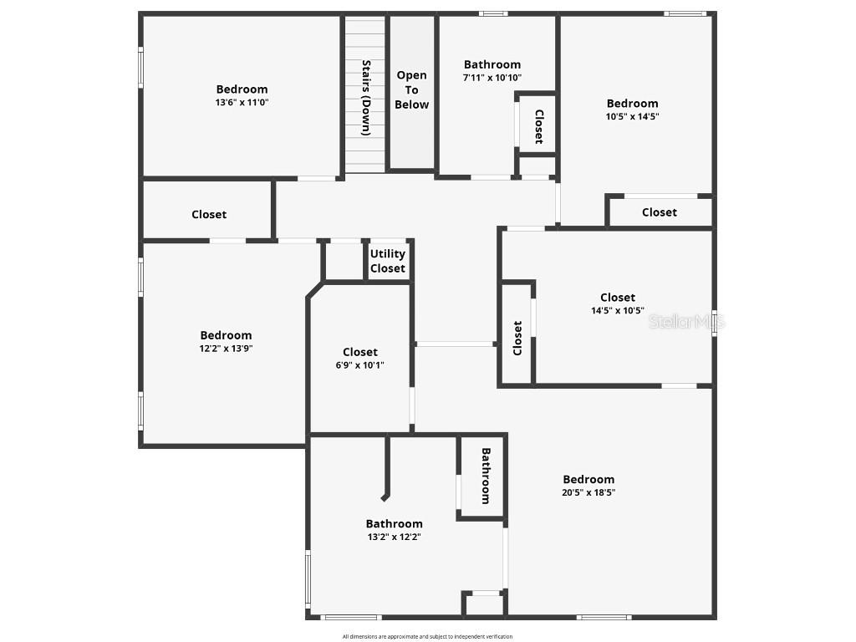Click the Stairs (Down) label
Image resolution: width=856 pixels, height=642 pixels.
coord(366,97)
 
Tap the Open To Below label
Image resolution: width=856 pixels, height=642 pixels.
coord(411,89)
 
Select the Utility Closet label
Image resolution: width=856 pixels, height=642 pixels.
coord(388,261)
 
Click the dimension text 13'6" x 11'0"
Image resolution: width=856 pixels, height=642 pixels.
coord(242,102)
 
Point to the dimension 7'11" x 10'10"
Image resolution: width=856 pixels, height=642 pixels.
coord(492,77)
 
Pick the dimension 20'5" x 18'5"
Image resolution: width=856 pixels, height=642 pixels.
coord(588,492)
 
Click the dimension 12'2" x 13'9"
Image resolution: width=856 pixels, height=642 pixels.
coord(226,349)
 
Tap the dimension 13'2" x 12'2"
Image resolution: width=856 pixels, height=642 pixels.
coord(394,537)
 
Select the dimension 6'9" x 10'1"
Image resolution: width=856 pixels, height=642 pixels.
coord(360,364)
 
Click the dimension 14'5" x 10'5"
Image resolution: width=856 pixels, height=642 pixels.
coord(618,310)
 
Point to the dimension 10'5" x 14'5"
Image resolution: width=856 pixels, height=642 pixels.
coord(632,116)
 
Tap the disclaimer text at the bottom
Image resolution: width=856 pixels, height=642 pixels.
coord(427,636)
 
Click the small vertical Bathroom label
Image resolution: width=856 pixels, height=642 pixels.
coord(485,476)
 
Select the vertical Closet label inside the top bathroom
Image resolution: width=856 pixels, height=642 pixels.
coord(539,126)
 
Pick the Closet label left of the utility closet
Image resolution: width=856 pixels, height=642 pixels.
coord(209,214)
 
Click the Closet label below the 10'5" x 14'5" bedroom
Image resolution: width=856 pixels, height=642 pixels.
coord(660,212)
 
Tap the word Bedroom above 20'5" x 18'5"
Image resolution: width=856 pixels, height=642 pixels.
coord(588,479)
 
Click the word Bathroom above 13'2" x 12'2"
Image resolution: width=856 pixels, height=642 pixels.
coord(394,524)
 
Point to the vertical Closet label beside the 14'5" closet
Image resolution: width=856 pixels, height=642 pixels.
coord(517,338)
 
